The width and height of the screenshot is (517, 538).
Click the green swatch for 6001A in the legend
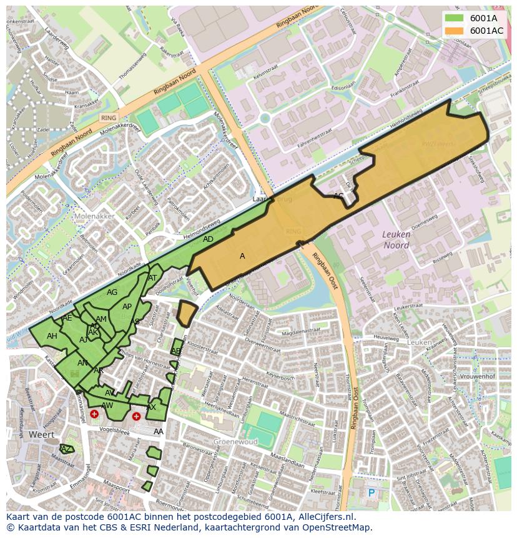tap(454, 17)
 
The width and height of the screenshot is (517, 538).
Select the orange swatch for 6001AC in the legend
tap(454, 30)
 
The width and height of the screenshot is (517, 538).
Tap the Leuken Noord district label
tap(396, 240)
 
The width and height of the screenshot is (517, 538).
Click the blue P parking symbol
tap(371, 493)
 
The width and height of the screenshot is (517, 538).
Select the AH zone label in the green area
tap(52, 336)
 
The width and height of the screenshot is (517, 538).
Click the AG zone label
tap(112, 292)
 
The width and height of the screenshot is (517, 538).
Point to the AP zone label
tap(127, 306)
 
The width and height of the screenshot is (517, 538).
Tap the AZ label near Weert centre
tap(65, 449)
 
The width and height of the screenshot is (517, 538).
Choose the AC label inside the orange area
tap(338, 196)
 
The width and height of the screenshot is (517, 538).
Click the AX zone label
tap(151, 407)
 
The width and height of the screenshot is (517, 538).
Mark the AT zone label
tap(152, 277)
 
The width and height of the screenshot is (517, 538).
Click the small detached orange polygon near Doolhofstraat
tap(186, 312)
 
